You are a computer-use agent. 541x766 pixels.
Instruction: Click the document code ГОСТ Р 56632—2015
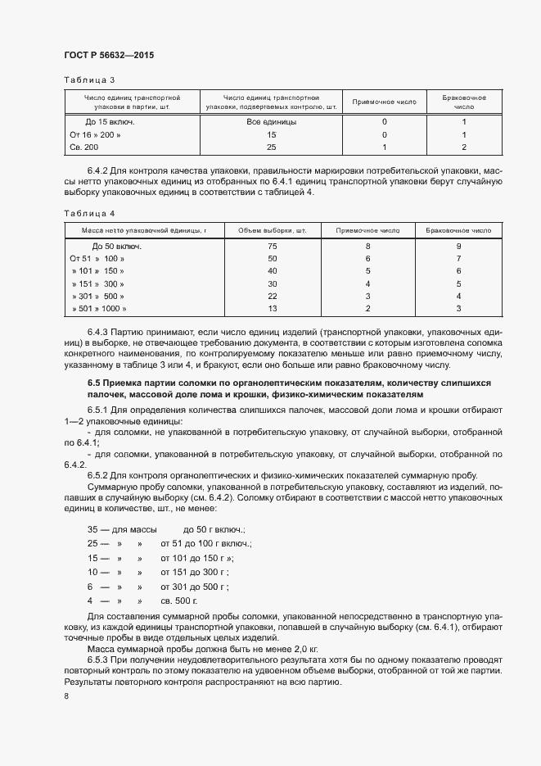click(x=108, y=55)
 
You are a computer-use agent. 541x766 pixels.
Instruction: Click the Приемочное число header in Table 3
click(x=384, y=102)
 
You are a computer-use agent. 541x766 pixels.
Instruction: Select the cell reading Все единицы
click(x=272, y=121)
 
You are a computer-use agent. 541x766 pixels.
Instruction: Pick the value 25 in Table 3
click(x=272, y=147)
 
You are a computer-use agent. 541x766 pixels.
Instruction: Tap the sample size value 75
click(x=273, y=247)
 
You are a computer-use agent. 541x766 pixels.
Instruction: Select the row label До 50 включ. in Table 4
click(x=117, y=247)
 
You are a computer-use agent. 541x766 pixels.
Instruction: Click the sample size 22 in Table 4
click(x=273, y=296)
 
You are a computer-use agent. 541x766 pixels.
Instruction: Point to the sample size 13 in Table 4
click(x=273, y=308)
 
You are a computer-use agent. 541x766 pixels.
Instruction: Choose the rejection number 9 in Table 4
click(x=459, y=247)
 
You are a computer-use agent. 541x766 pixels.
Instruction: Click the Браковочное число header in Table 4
click(x=458, y=231)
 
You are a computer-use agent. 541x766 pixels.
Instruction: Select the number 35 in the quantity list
click(x=93, y=530)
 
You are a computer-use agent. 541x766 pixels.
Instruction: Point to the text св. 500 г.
click(x=178, y=601)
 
